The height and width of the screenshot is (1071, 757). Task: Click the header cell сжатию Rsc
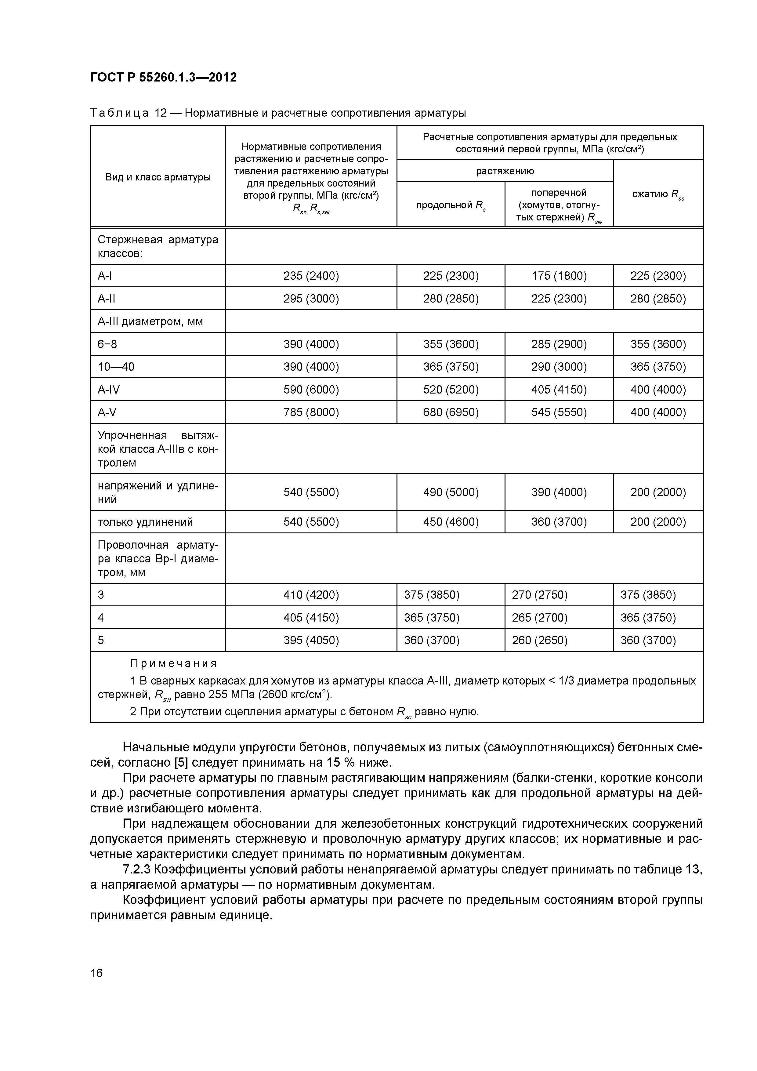(x=658, y=194)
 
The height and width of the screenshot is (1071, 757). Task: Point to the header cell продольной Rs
(x=451, y=205)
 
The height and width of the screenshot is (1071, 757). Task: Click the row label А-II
(x=106, y=299)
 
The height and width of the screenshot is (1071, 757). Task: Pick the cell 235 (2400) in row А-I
(x=311, y=276)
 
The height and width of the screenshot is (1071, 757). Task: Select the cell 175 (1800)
(x=559, y=276)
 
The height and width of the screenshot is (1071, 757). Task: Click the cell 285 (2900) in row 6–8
(x=559, y=344)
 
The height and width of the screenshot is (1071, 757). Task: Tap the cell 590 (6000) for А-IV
(x=311, y=390)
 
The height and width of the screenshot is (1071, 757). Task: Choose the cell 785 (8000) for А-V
(x=311, y=412)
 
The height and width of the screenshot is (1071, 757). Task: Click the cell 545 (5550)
(x=559, y=412)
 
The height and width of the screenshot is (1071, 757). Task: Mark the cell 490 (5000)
(x=451, y=492)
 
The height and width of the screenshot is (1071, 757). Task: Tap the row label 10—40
(x=116, y=367)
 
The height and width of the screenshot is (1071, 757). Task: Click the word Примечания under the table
(x=173, y=663)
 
